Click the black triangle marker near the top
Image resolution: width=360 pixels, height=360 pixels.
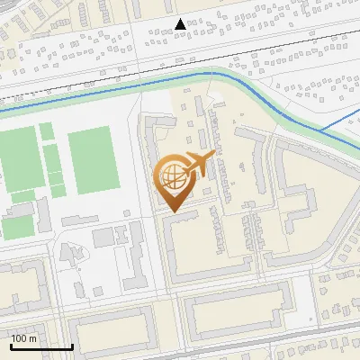(181, 24)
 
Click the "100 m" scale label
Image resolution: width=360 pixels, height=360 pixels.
(24, 338)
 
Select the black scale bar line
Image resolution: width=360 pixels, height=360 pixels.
(41, 346)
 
